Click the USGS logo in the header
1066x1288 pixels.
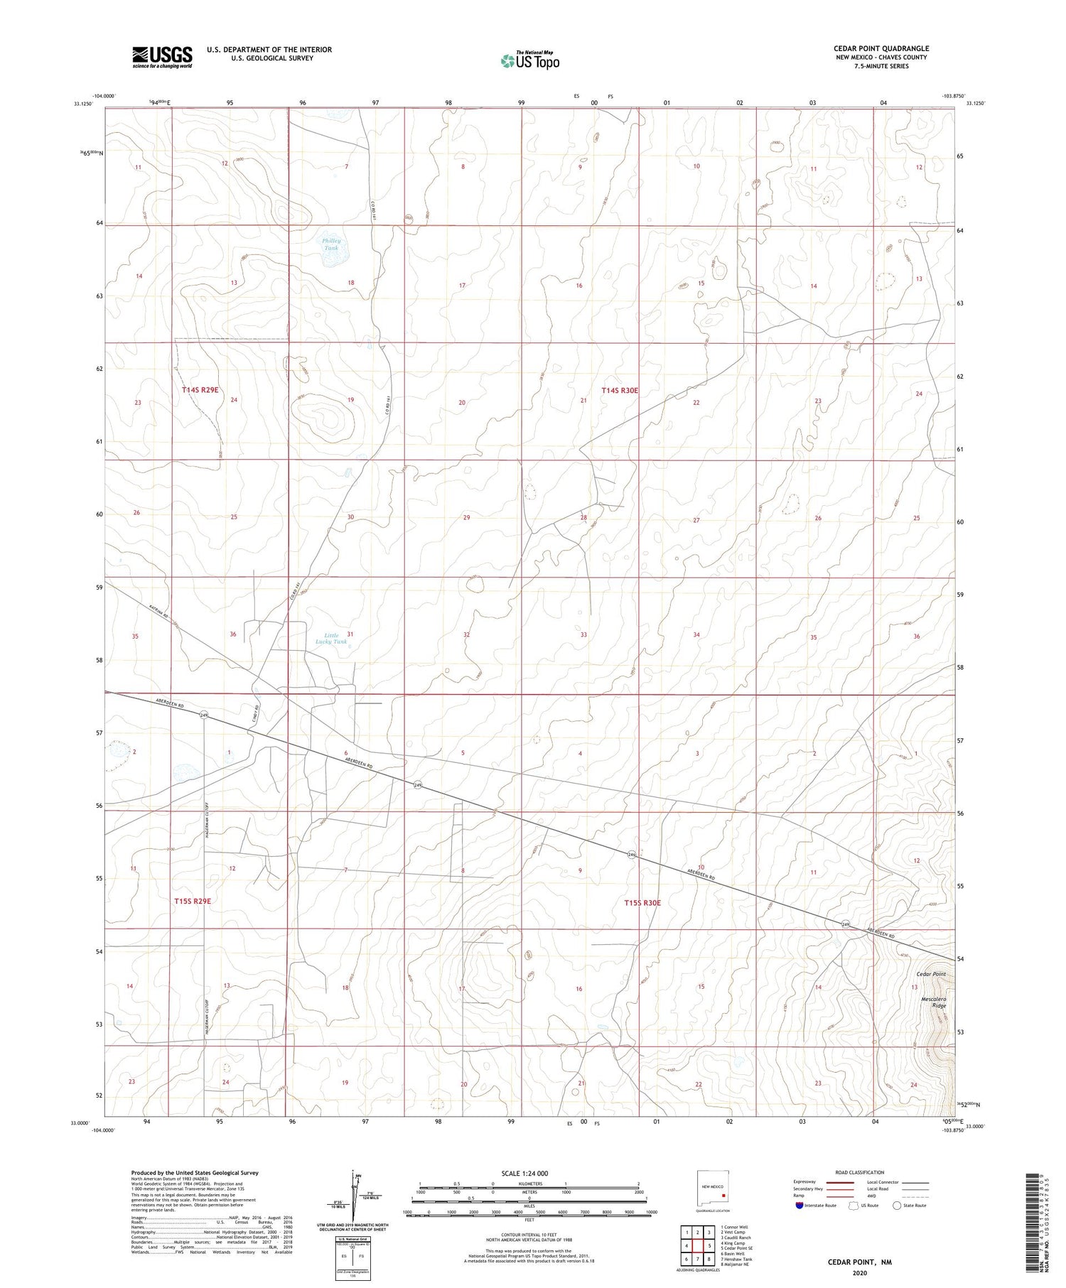[162, 57]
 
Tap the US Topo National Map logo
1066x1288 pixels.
[529, 60]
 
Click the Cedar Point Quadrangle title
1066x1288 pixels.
[881, 48]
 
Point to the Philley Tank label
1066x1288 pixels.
[331, 244]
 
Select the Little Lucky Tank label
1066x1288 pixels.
[331, 638]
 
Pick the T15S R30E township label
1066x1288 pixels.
[642, 903]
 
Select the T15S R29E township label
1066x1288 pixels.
[193, 901]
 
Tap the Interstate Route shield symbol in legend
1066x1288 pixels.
[799, 1205]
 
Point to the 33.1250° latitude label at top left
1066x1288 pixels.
[83, 104]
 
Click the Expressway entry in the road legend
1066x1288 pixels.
[807, 1182]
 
